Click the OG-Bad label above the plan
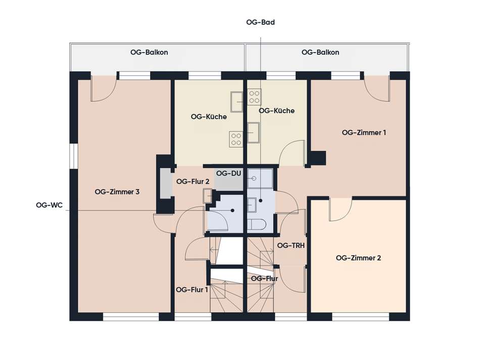260,22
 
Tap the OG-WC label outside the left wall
49,205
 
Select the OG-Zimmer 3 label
117,192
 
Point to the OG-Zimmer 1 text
364,132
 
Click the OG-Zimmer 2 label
358,258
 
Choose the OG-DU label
228,173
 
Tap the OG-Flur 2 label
193,182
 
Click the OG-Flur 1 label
191,290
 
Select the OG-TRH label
291,245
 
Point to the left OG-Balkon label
149,52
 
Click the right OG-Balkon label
320,52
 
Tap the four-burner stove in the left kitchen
236,139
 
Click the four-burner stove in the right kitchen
254,97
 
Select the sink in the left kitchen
236,102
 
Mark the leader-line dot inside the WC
232,210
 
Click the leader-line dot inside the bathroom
261,201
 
